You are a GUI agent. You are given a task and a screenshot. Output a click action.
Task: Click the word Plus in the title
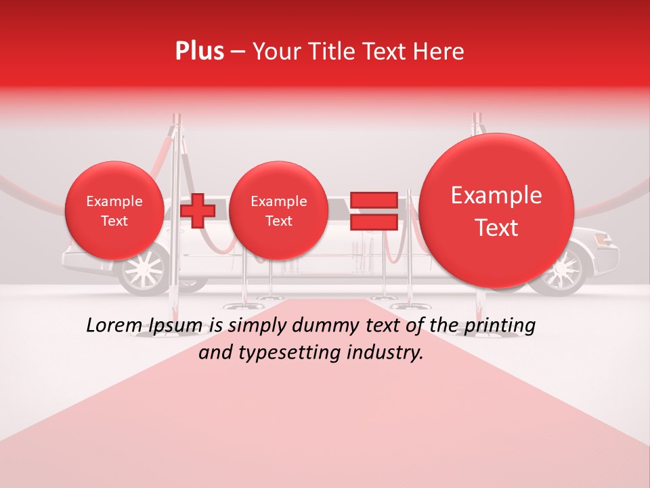pos(200,52)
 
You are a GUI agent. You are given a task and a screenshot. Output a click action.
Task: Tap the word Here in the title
pos(439,52)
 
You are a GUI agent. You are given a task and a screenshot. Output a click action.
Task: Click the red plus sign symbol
pos(198,210)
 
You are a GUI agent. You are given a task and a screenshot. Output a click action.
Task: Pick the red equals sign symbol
pos(373,210)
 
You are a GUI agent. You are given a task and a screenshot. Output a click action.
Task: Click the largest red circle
pos(496,211)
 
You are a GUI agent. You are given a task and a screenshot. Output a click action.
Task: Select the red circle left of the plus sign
pos(114,211)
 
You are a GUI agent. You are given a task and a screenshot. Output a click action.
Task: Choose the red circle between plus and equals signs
pos(278,211)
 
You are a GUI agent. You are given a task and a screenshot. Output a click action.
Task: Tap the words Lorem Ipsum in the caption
pos(144,326)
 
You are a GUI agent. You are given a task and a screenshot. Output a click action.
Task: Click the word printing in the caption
pos(498,326)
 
